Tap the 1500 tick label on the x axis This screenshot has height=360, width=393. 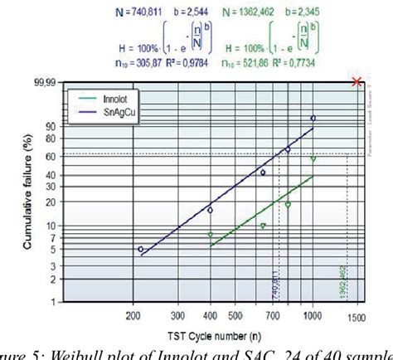(x=358, y=316)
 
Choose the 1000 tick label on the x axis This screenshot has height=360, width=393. (x=312, y=316)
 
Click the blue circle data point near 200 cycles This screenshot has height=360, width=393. (x=140, y=249)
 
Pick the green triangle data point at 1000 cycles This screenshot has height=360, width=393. (x=313, y=158)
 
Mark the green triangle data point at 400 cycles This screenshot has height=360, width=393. (x=210, y=235)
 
